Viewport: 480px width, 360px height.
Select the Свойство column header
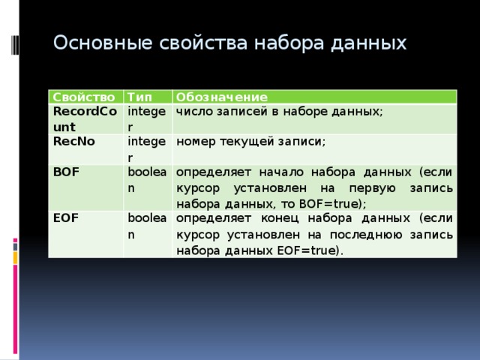83,97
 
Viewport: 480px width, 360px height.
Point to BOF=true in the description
330,203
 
